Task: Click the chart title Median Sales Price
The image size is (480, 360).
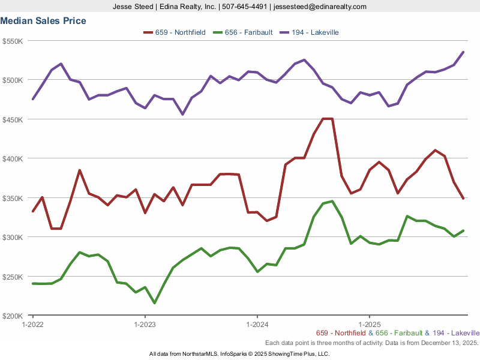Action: coord(43,21)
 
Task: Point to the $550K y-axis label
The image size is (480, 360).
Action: coord(13,41)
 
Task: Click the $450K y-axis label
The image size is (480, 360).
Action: coord(13,119)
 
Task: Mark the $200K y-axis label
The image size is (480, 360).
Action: coord(13,316)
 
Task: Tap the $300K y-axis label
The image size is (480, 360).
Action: coord(13,237)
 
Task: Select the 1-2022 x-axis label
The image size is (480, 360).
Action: coord(32,324)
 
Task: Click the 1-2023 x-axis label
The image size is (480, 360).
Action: coord(145,324)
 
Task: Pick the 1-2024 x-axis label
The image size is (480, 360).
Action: coord(257,324)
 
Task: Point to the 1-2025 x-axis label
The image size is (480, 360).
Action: coord(369,324)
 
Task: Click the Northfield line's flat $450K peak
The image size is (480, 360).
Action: coord(328,119)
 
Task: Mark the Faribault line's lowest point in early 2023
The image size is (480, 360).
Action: coord(154,303)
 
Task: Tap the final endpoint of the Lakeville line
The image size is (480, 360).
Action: coord(463,52)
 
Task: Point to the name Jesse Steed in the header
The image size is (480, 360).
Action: coord(133,7)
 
